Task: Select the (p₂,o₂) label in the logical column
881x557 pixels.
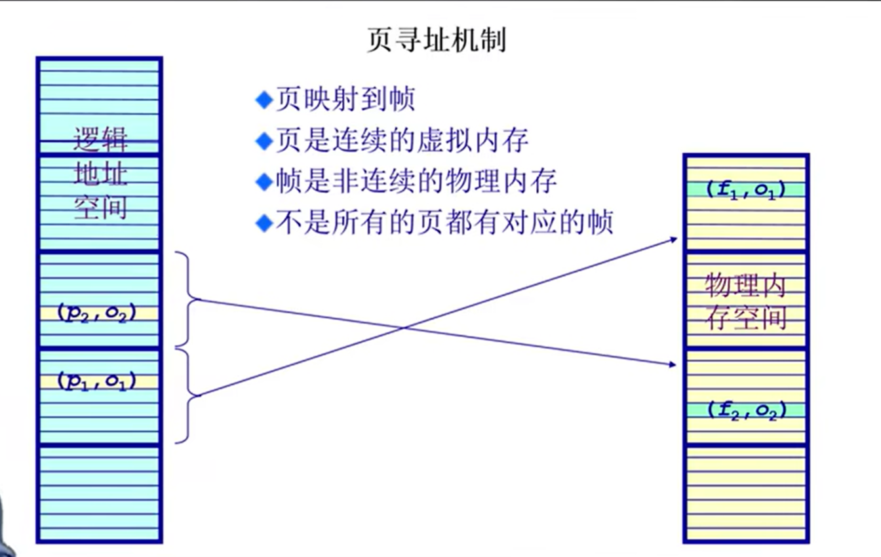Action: point(97,313)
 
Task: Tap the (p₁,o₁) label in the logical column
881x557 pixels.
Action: point(97,381)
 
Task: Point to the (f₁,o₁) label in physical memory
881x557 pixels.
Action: point(745,190)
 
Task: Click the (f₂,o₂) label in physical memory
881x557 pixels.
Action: point(745,410)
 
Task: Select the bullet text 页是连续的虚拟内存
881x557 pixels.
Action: point(401,141)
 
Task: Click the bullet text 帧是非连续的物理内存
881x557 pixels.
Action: point(416,182)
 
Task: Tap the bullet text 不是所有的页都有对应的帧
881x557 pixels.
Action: point(444,223)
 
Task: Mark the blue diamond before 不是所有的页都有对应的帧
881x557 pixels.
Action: point(264,223)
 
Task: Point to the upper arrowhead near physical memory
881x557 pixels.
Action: point(673,240)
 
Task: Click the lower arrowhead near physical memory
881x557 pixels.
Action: point(672,364)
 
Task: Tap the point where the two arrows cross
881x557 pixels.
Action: point(404,327)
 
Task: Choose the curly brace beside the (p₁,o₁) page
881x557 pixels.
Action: point(189,395)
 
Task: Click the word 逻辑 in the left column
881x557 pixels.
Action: point(100,140)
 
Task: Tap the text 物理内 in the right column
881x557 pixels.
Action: point(745,286)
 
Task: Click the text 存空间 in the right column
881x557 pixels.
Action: point(745,318)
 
